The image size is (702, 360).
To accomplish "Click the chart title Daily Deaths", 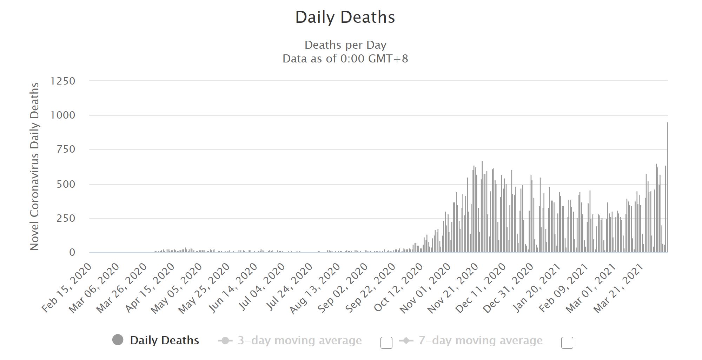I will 345,17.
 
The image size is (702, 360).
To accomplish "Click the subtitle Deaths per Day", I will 345,45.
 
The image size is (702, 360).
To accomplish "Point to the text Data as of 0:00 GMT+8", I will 345,58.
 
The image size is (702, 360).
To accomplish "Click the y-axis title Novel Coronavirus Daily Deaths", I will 34,166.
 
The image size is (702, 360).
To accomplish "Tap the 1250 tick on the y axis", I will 63,81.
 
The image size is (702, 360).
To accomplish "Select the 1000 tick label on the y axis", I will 63,115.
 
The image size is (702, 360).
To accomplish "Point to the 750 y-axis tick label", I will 66,149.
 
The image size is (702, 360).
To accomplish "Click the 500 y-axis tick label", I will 66,184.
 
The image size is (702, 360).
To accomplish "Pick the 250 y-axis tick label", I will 66,218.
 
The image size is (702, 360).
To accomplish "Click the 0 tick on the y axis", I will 72,252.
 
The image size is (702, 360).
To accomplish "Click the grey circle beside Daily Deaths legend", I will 118,340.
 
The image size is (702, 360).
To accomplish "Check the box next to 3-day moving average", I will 386,342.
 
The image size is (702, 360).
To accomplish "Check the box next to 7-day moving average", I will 567,342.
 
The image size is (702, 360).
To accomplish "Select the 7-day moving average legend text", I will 480,340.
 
